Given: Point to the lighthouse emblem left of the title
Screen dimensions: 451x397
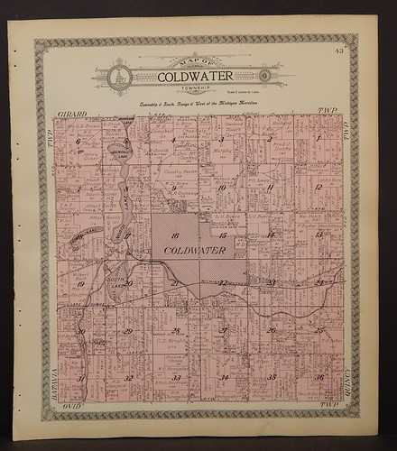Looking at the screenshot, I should click(x=115, y=77).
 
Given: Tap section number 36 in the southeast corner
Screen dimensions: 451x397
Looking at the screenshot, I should click(x=319, y=376).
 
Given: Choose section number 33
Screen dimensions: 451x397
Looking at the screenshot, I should click(x=176, y=377).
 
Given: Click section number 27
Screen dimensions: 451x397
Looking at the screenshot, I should click(x=222, y=330).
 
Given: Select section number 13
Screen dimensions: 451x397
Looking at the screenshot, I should click(x=319, y=235).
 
